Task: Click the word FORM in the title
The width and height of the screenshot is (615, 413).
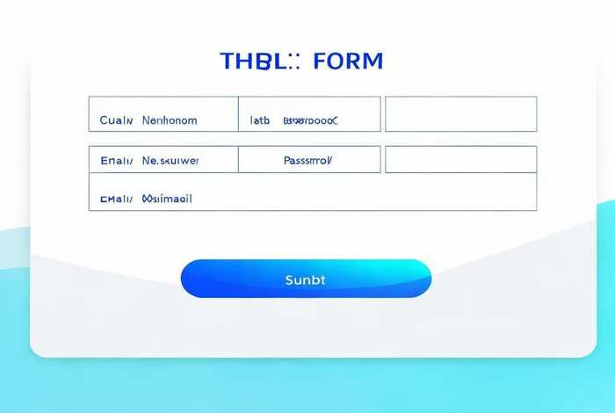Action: click(x=348, y=62)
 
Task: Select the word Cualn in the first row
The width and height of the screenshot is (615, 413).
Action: click(x=115, y=120)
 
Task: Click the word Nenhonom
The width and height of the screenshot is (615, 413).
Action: click(x=170, y=120)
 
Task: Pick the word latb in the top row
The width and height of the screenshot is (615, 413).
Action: click(x=261, y=120)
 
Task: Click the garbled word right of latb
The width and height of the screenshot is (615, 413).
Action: click(x=310, y=120)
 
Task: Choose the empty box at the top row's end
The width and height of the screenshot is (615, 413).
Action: click(x=461, y=114)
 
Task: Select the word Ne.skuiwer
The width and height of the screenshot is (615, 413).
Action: click(x=170, y=161)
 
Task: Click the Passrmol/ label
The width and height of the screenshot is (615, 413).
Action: click(x=308, y=161)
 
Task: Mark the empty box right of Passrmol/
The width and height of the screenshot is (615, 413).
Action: click(x=461, y=159)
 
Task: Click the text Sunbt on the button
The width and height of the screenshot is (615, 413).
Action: click(x=306, y=279)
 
